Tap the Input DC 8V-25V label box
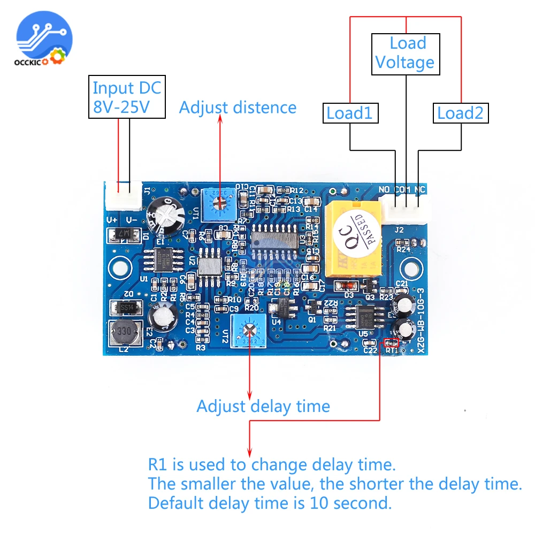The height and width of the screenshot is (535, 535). [x=126, y=97]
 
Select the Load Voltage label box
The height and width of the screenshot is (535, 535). [x=405, y=53]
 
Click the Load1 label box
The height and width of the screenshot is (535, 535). [x=349, y=113]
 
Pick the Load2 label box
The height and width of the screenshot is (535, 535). [x=460, y=113]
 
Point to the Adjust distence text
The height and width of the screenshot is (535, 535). [x=238, y=108]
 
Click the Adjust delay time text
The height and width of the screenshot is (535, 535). [x=263, y=406]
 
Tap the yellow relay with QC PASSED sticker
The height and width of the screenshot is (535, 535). [x=351, y=238]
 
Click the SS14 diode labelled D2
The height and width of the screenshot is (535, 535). [x=125, y=307]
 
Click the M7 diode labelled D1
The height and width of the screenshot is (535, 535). [x=124, y=234]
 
